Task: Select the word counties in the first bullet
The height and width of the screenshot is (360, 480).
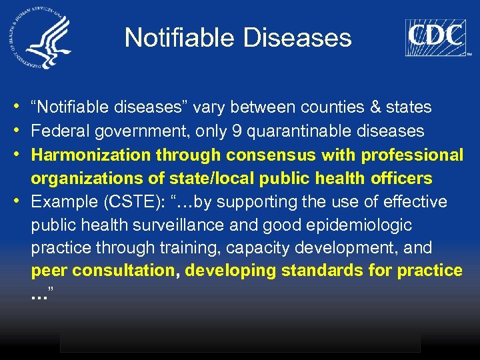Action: point(332,107)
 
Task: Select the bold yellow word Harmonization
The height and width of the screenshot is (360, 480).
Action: point(91,155)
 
